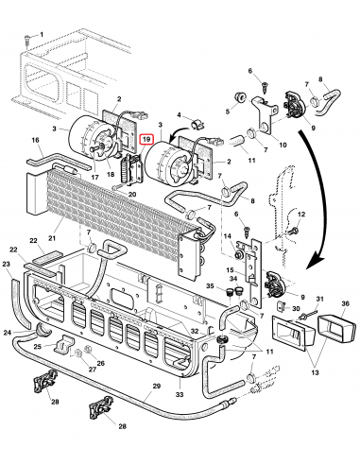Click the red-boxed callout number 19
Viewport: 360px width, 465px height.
146,139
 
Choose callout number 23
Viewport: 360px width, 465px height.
7,265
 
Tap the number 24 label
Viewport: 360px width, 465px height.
9,333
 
